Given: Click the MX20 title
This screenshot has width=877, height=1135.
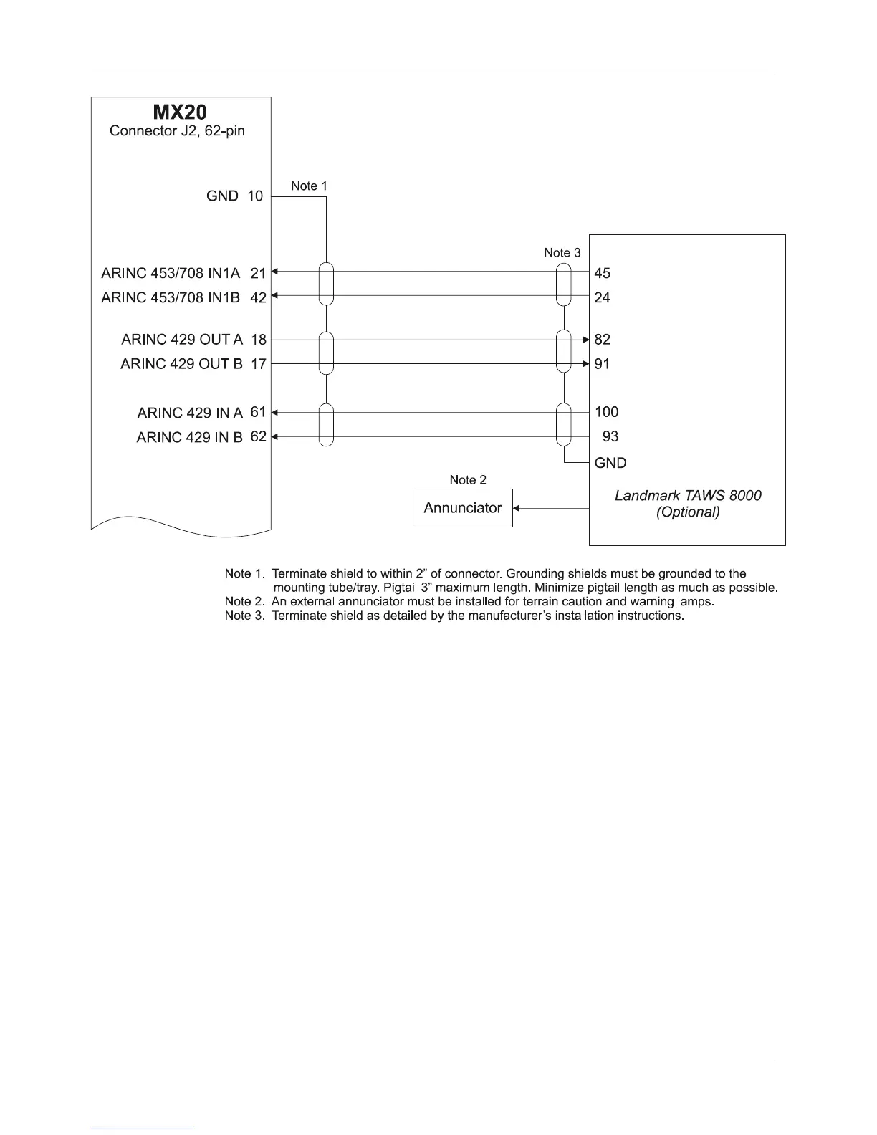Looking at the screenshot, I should (181, 112).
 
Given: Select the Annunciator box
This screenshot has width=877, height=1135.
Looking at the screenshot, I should (463, 508).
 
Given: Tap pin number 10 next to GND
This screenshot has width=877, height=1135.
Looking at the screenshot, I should (255, 196).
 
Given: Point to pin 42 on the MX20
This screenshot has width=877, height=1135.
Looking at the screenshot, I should (258, 297).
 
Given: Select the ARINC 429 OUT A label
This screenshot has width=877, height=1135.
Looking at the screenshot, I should (182, 340).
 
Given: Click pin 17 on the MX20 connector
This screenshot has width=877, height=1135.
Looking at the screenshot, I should (258, 364).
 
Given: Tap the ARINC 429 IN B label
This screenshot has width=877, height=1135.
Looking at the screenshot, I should (189, 437).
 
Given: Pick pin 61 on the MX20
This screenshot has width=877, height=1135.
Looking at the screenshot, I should (258, 412).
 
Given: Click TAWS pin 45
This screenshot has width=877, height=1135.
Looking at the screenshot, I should (603, 273).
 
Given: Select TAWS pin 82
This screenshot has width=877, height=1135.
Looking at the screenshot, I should (603, 340).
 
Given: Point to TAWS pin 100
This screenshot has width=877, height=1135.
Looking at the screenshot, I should (606, 412).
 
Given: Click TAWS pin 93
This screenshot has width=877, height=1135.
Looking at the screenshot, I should (610, 436).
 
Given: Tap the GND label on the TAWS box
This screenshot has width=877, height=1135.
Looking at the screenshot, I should (610, 463).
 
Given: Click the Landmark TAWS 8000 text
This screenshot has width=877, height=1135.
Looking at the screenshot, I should (688, 495).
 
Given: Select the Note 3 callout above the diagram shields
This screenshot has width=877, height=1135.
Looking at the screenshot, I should (562, 252).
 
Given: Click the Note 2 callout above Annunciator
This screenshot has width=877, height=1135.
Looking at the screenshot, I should (468, 479).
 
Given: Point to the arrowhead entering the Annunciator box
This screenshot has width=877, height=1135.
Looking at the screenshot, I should (517, 508).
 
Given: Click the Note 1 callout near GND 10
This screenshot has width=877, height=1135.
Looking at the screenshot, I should (309, 186).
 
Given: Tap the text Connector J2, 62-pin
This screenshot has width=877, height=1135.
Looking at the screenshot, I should (177, 131).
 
